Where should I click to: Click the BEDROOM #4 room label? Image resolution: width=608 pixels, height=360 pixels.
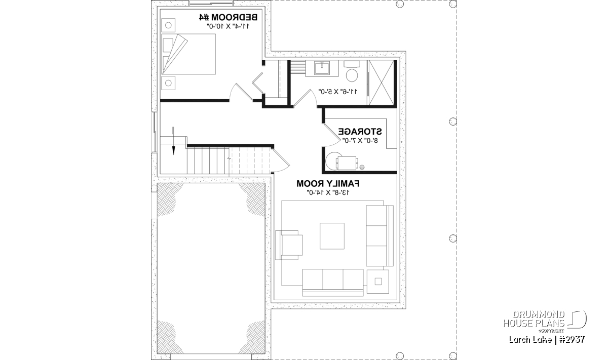pyautogui.click(x=228, y=17)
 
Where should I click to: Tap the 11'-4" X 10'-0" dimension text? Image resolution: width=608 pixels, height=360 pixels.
pyautogui.click(x=228, y=26)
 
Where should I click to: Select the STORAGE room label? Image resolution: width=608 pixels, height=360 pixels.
pyautogui.click(x=360, y=132)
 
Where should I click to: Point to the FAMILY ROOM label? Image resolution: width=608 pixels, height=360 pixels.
pyautogui.click(x=328, y=184)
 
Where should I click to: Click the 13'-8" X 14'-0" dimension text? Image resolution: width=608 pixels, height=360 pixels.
pyautogui.click(x=328, y=192)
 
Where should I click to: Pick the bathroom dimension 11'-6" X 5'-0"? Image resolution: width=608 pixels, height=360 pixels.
pyautogui.click(x=337, y=92)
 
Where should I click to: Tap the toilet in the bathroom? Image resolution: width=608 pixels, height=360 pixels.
pyautogui.click(x=352, y=71)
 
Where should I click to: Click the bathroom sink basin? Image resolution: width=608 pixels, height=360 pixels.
pyautogui.click(x=322, y=68)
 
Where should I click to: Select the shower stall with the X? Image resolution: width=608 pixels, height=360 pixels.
pyautogui.click(x=382, y=83)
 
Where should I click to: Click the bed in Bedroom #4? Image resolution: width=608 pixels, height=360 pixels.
pyautogui.click(x=188, y=54)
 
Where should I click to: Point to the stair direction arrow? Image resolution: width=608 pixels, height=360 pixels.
pyautogui.click(x=173, y=141)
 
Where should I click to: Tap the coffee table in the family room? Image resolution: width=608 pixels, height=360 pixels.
pyautogui.click(x=332, y=236)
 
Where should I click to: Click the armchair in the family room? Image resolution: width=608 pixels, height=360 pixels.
pyautogui.click(x=289, y=245)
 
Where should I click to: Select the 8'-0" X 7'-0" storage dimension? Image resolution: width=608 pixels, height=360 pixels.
pyautogui.click(x=360, y=141)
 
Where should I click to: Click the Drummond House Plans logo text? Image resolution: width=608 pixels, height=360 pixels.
pyautogui.click(x=534, y=319)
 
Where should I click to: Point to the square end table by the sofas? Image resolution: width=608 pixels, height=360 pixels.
pyautogui.click(x=378, y=282)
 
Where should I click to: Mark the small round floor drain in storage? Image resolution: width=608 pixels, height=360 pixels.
pyautogui.click(x=362, y=167)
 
